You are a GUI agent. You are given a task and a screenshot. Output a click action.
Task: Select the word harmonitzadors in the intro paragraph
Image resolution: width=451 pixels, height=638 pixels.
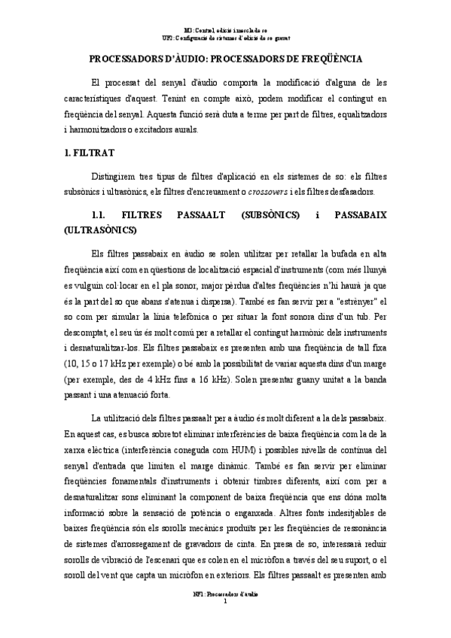tap(102, 129)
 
